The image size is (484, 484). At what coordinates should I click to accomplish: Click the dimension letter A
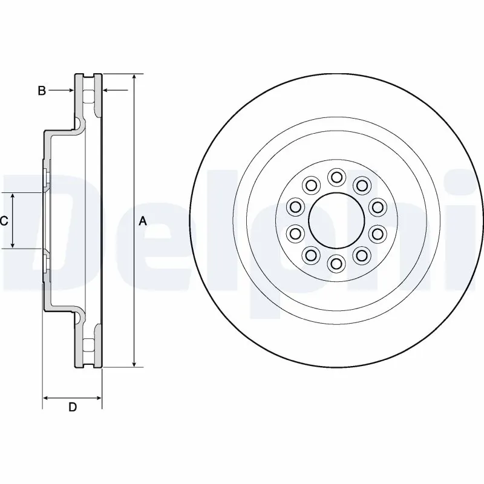[x=143, y=221]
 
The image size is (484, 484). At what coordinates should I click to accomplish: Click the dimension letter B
[x=42, y=91]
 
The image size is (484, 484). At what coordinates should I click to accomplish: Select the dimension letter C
[x=4, y=221]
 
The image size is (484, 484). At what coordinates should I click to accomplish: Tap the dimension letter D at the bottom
[x=73, y=407]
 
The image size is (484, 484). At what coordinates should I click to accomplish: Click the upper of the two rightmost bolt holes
[x=378, y=208]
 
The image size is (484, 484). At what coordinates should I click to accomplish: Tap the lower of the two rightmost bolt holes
[x=378, y=233]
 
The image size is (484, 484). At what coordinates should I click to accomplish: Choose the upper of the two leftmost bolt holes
[x=295, y=208]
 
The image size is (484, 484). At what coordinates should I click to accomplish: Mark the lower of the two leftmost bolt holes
[x=295, y=233]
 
